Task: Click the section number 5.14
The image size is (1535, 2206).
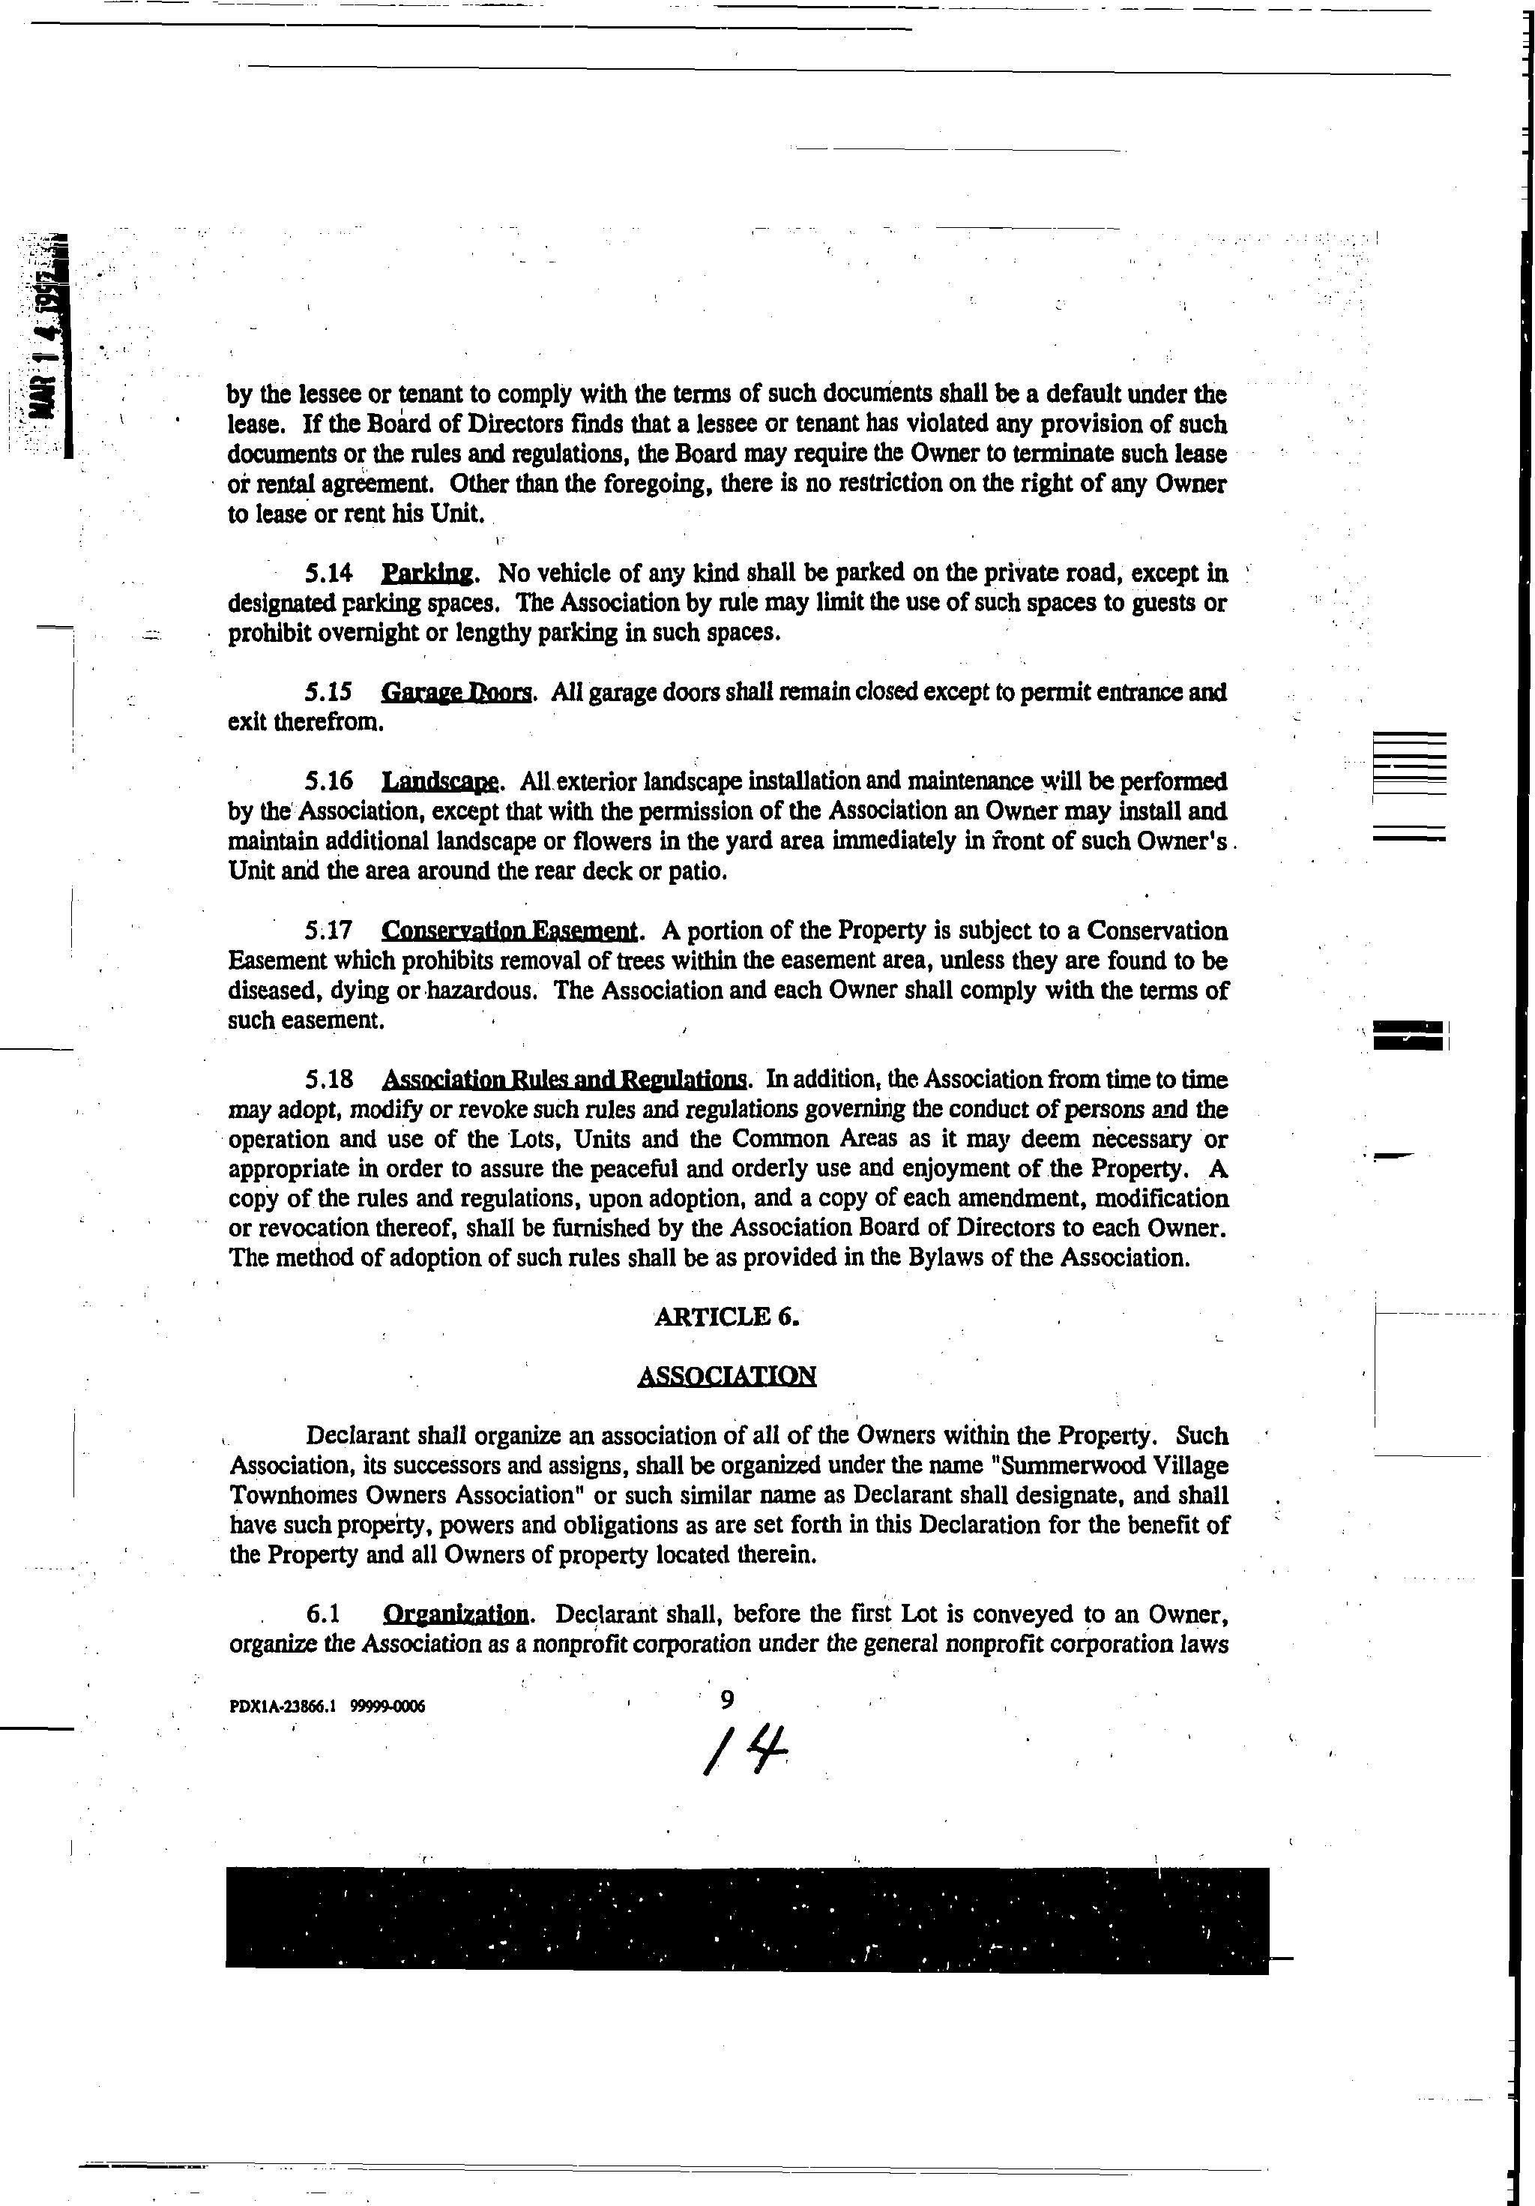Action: (x=328, y=574)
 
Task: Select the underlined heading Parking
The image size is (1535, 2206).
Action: (x=426, y=574)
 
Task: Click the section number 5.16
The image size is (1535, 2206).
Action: (x=328, y=781)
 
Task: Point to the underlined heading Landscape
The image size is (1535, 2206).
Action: (x=440, y=781)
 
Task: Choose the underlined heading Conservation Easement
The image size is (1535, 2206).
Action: (x=508, y=931)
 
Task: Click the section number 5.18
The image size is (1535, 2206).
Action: (x=328, y=1080)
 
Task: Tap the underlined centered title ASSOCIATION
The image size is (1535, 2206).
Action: (x=726, y=1376)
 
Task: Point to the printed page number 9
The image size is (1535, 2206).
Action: (x=727, y=1700)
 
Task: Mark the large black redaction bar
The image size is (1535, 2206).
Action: (x=747, y=1920)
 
